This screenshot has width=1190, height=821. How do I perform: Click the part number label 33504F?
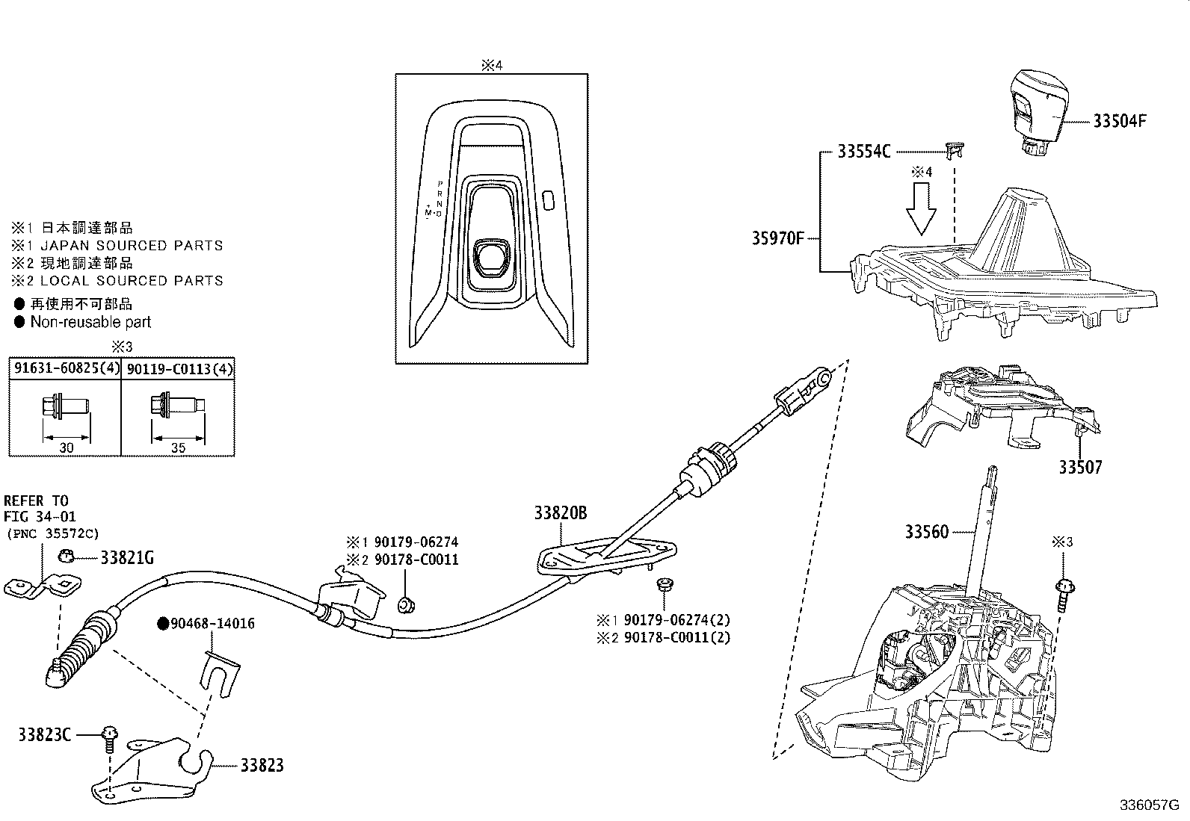pyautogui.click(x=1119, y=121)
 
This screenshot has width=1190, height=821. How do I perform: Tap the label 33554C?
pyautogui.click(x=863, y=152)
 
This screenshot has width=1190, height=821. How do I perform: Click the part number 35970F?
pyautogui.click(x=777, y=239)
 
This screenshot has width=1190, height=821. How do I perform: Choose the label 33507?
pyautogui.click(x=1079, y=468)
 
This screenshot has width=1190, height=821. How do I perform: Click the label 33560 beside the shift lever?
pyautogui.click(x=926, y=532)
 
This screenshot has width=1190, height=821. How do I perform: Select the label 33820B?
pyautogui.click(x=560, y=513)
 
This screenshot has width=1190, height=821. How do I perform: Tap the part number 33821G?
pyautogui.click(x=127, y=557)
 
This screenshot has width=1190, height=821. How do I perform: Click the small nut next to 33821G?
pyautogui.click(x=66, y=555)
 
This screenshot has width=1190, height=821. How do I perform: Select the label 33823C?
pyautogui.click(x=44, y=735)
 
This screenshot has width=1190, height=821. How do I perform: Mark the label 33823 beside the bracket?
pyautogui.click(x=262, y=766)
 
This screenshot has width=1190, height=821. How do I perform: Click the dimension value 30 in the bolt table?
pyautogui.click(x=66, y=448)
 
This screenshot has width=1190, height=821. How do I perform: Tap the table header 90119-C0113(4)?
pyautogui.click(x=178, y=368)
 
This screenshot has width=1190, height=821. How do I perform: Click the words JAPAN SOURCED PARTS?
pyautogui.click(x=131, y=245)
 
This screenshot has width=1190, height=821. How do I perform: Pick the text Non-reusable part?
pyautogui.click(x=90, y=322)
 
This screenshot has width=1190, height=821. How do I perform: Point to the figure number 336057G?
pyautogui.click(x=1149, y=805)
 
